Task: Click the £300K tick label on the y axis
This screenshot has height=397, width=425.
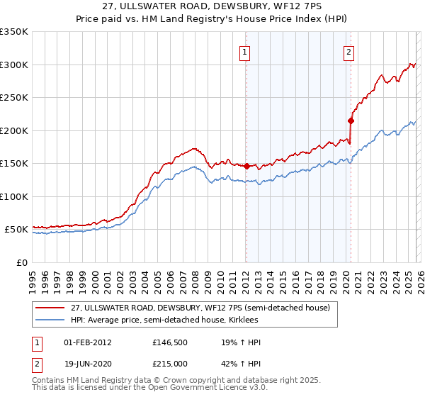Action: [14, 65]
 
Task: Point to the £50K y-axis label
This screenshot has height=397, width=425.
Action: [16, 230]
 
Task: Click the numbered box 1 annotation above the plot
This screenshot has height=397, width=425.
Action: [245, 51]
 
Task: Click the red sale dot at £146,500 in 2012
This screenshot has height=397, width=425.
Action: [246, 166]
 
